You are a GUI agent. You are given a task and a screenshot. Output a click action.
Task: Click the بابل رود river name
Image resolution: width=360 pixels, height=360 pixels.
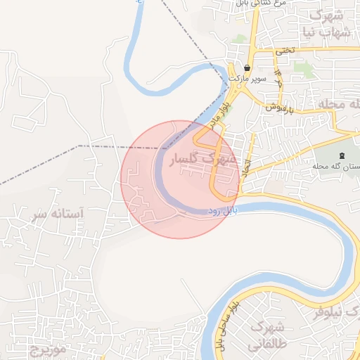(x=224, y=211)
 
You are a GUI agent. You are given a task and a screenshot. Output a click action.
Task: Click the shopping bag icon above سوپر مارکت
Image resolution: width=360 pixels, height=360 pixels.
(x=247, y=68)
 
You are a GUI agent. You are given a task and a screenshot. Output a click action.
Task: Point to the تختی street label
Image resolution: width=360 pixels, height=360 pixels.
(x=285, y=51)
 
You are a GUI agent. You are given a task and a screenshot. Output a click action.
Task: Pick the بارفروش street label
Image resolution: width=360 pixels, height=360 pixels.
(x=279, y=108)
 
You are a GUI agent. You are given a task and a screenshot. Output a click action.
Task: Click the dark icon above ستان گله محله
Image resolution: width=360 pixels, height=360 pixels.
(x=342, y=155)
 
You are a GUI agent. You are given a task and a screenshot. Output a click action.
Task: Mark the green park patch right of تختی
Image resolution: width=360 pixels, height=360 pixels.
(x=303, y=68)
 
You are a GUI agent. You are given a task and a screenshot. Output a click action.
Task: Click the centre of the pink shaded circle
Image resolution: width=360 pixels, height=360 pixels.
(x=179, y=179)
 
